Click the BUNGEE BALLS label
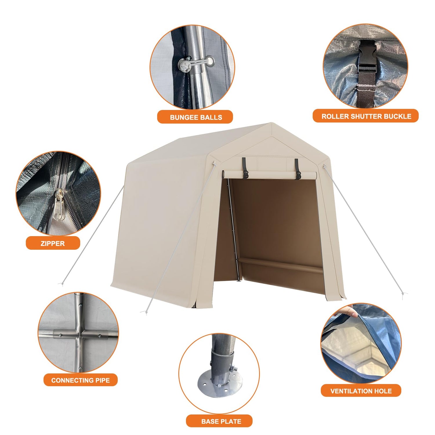[x=196, y=117]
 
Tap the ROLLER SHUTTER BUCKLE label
[x=366, y=116]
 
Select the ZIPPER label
[x=52, y=243]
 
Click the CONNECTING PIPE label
[x=80, y=380]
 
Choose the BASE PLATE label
[x=221, y=421]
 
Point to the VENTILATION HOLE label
[x=361, y=391]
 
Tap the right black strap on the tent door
[x=298, y=169]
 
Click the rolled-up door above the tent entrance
[x=269, y=175]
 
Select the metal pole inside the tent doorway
[x=233, y=229]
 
